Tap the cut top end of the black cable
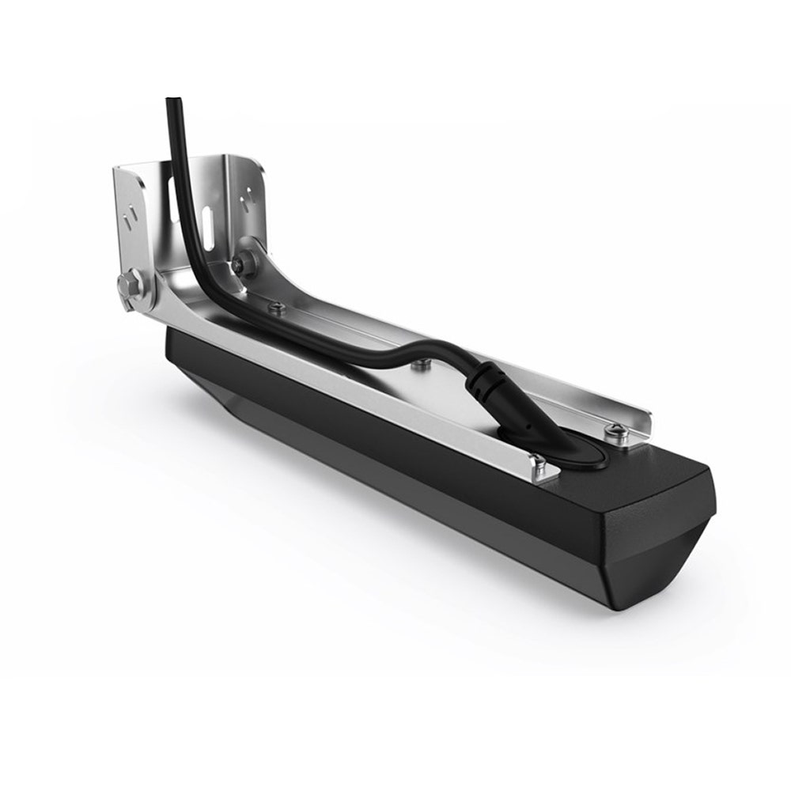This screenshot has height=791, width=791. pos(172,100)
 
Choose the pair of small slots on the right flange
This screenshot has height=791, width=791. pos(253,192)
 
